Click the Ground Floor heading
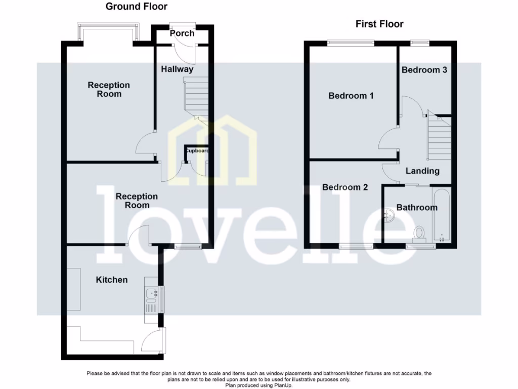point(137,7)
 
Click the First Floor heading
point(379,24)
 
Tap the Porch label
point(182,33)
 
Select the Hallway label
point(177,69)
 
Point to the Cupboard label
point(196,151)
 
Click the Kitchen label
point(112,280)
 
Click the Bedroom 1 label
point(351,95)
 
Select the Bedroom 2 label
point(345,187)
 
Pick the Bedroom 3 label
point(424,70)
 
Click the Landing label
point(422,171)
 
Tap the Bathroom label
point(417,208)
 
